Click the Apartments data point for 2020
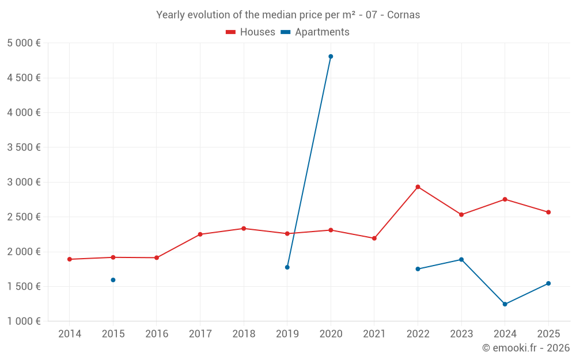click(331, 56)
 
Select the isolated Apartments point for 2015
click(113, 280)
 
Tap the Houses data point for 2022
click(418, 187)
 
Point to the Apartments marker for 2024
click(505, 304)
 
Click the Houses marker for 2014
click(70, 259)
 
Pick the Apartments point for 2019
click(287, 267)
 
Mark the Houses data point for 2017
click(200, 234)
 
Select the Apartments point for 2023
click(461, 259)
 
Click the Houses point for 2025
click(548, 212)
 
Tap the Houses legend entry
click(251, 32)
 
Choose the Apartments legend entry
click(315, 32)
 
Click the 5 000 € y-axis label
click(24, 43)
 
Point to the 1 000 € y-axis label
click(24, 321)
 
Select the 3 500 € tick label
click(24, 147)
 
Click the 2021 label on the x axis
click(374, 334)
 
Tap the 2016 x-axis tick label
click(157, 334)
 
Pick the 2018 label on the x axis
click(244, 334)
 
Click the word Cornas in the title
click(403, 15)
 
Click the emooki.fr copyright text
click(526, 348)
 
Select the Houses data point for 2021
click(374, 238)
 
